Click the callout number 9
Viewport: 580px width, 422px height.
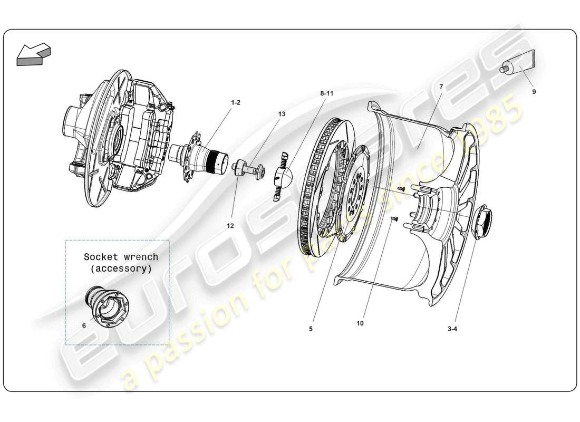pos(534,92)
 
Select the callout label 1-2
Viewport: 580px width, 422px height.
pos(235,102)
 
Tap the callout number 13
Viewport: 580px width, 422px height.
pos(281,114)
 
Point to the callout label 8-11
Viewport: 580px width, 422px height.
pos(327,93)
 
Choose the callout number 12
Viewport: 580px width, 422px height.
pos(230,226)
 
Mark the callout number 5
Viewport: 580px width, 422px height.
pos(311,329)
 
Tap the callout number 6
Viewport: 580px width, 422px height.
pos(84,325)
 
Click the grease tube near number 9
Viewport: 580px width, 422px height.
pos(517,68)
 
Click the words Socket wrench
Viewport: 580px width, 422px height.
pos(121,257)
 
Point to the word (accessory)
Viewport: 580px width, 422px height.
pos(121,268)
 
